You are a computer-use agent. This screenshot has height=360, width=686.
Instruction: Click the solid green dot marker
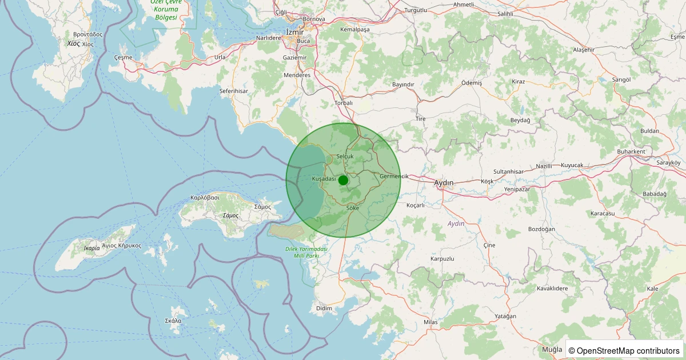[x=343, y=180]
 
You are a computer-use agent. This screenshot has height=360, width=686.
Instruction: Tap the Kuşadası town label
[x=324, y=179]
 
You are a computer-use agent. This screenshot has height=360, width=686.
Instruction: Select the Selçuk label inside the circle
[x=345, y=156]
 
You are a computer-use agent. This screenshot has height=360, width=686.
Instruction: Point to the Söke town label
[x=353, y=208]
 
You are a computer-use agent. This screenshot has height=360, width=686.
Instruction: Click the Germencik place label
[x=394, y=176]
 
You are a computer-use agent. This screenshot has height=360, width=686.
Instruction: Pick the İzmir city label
[x=295, y=32]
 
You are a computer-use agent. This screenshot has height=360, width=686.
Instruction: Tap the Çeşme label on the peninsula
[x=123, y=57]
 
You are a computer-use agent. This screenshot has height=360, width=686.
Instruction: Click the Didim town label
[x=324, y=309]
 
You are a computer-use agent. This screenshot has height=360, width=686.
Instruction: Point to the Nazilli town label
[x=544, y=166]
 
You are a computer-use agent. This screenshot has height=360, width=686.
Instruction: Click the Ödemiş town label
[x=472, y=83]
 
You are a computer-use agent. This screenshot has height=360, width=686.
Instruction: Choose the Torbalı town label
[x=344, y=103]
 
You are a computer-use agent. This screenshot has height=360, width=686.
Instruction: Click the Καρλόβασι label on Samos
[x=205, y=198]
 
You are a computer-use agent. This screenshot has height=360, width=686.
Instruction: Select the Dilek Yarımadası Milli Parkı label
[x=306, y=252]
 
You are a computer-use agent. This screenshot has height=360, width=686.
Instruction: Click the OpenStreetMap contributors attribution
[x=624, y=350]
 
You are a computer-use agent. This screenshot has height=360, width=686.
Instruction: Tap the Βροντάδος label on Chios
[x=84, y=34]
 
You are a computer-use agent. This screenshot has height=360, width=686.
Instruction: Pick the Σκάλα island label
[x=173, y=321]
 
